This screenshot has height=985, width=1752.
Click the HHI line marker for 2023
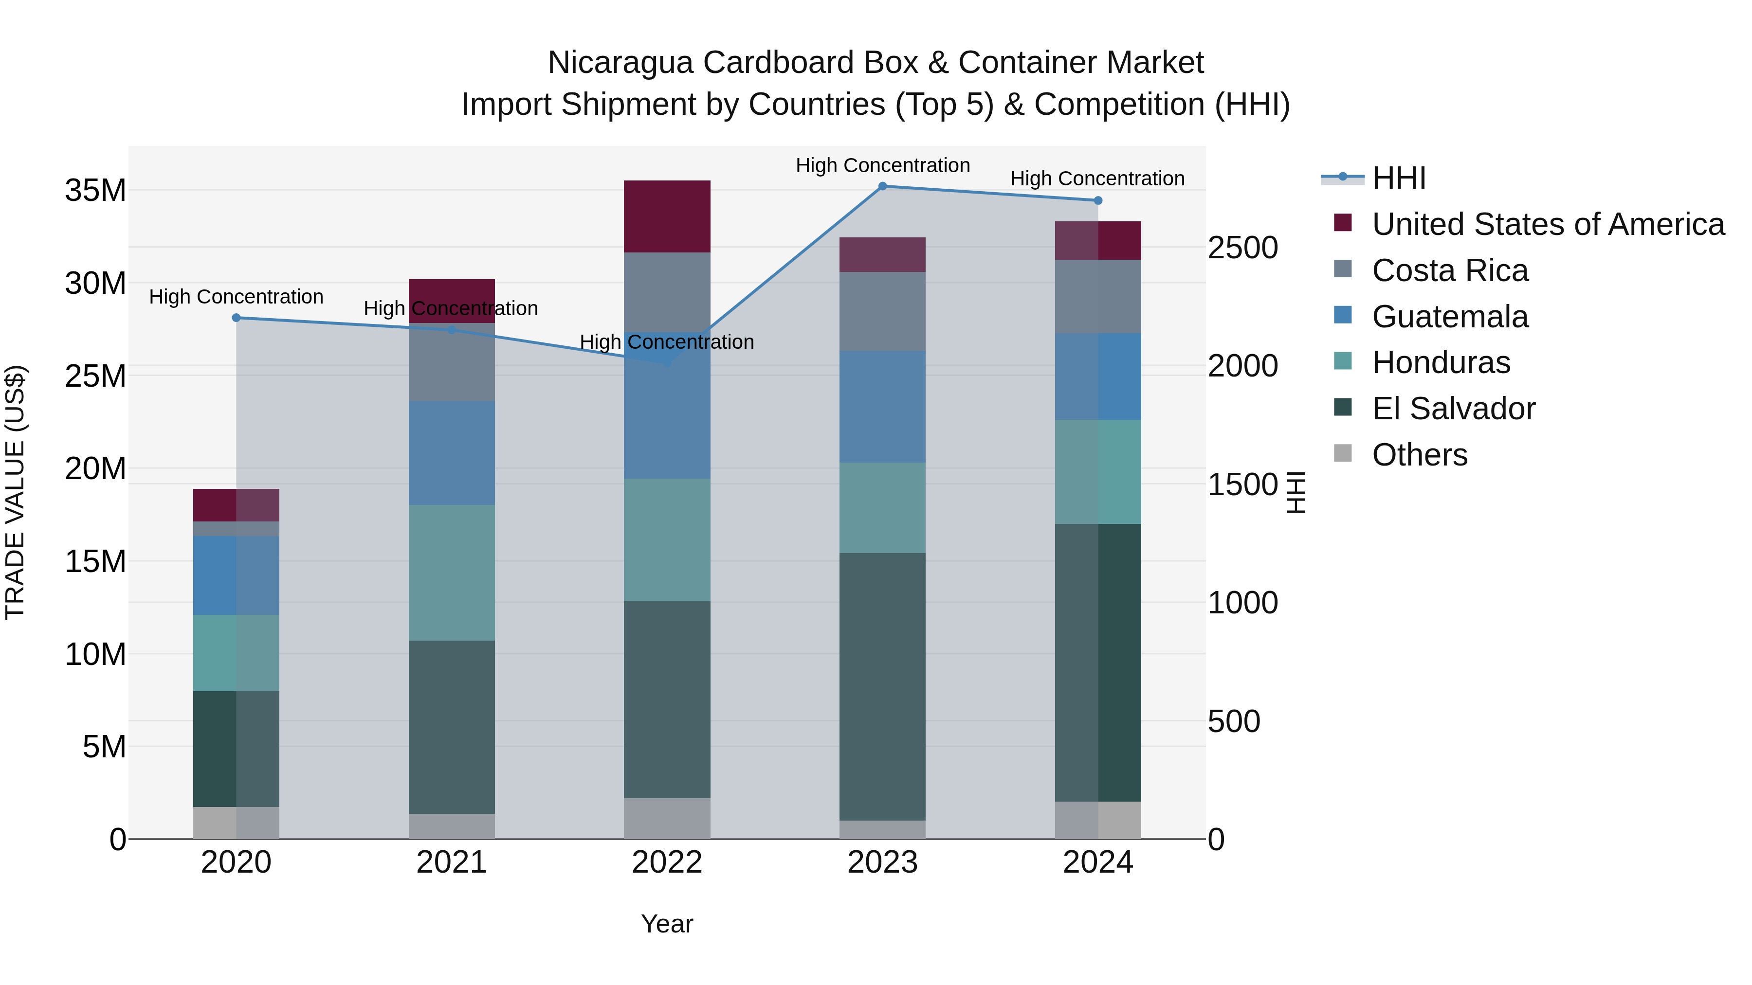[x=882, y=186]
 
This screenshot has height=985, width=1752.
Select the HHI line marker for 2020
[x=236, y=318]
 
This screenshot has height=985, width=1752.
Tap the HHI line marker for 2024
[x=1098, y=200]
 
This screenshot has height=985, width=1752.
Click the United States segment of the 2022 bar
[x=667, y=216]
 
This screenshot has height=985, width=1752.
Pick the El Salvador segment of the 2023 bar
[x=882, y=686]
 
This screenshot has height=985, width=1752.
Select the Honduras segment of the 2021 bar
[x=451, y=573]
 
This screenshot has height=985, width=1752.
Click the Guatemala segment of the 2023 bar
[x=882, y=407]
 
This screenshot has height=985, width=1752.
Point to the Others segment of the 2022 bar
[x=667, y=819]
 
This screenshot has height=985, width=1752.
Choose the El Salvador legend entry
[x=1453, y=409]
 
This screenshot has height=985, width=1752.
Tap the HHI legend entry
[x=1398, y=178]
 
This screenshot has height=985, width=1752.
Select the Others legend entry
[x=1420, y=455]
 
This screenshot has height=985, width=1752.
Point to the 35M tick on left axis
[x=95, y=190]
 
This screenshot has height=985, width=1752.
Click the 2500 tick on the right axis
[x=1242, y=248]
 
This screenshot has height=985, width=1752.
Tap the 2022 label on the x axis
[x=667, y=862]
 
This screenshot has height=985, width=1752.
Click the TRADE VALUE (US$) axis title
[x=15, y=492]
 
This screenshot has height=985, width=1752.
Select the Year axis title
[x=667, y=924]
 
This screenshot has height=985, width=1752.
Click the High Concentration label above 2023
[x=882, y=165]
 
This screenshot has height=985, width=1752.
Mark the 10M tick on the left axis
[x=95, y=654]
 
